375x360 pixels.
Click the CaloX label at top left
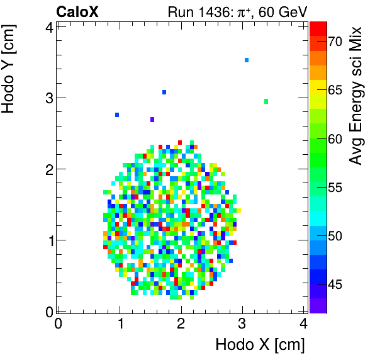pos(77,11)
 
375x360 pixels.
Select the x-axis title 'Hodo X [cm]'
pos(260,344)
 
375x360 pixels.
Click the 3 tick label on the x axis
pos(242,323)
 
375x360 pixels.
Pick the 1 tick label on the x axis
pos(120,323)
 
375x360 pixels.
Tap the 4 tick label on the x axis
pos(303,323)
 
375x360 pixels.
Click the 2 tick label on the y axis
pos(48,169)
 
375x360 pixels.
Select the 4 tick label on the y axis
pos(48,27)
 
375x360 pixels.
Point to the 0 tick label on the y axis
pos(48,311)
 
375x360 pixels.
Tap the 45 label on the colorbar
pos(333,285)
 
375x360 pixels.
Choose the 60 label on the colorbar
pos(333,138)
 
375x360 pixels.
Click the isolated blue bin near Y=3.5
pos(247,60)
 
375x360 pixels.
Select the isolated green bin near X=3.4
pos(266,101)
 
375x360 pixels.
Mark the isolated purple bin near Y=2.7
pos(152,120)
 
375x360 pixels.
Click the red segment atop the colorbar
pos(318,28)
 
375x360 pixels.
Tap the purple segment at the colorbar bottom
pos(318,306)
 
